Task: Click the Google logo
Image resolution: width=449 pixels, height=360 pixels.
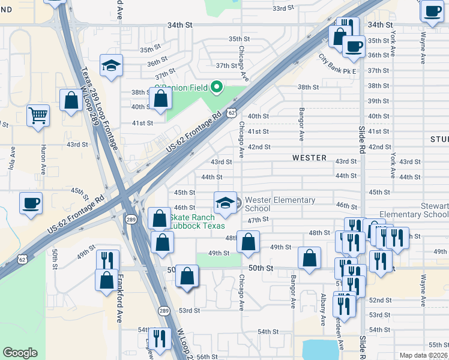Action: tap(20, 353)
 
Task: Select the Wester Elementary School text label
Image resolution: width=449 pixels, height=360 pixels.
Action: tap(280, 204)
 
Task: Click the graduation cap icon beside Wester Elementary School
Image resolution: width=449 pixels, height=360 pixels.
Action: tap(225, 202)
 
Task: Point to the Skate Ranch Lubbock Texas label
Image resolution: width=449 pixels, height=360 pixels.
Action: tap(197, 221)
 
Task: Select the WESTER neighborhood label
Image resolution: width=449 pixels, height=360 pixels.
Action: tap(309, 158)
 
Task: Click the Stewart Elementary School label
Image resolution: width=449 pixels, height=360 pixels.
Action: tap(414, 210)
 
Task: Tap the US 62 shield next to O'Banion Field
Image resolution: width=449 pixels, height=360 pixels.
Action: tap(232, 112)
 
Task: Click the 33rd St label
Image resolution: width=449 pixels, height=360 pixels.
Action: tap(285, 9)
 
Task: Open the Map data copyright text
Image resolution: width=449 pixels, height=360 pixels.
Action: tap(424, 355)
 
